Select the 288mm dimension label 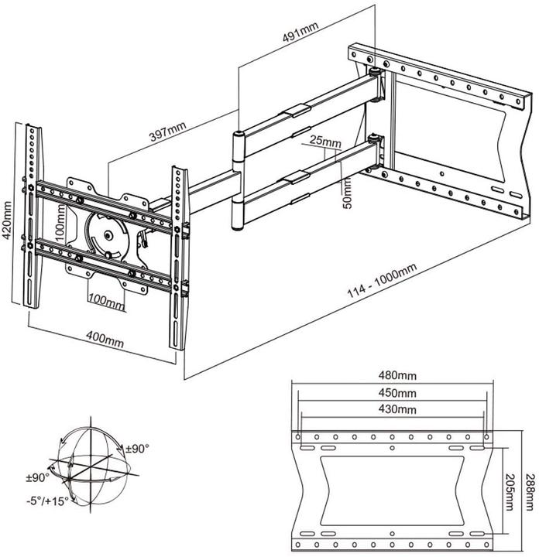click(x=529, y=490)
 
